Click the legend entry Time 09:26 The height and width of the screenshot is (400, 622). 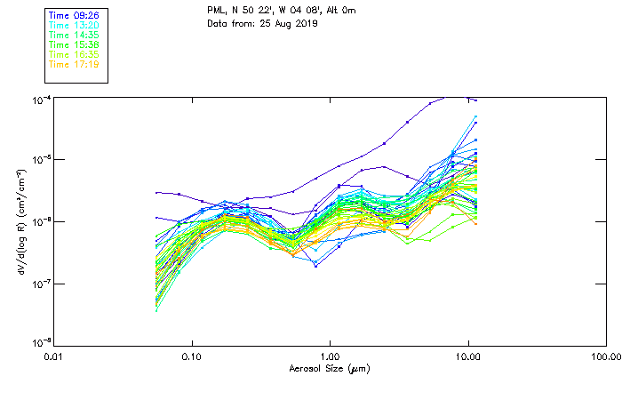click(x=73, y=15)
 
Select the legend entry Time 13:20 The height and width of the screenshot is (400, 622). click(x=73, y=25)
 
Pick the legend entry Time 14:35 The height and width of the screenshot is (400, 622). click(x=73, y=35)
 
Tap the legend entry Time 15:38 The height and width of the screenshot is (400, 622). click(x=73, y=44)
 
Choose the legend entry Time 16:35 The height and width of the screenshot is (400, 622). click(x=73, y=54)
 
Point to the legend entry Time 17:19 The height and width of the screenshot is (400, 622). click(x=73, y=64)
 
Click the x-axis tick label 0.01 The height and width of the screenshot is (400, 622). click(x=53, y=357)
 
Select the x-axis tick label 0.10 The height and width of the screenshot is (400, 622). click(x=191, y=357)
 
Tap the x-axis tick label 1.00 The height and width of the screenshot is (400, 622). click(x=330, y=357)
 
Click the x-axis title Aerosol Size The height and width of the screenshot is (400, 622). click(x=330, y=368)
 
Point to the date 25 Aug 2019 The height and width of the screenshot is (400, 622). click(x=290, y=23)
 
